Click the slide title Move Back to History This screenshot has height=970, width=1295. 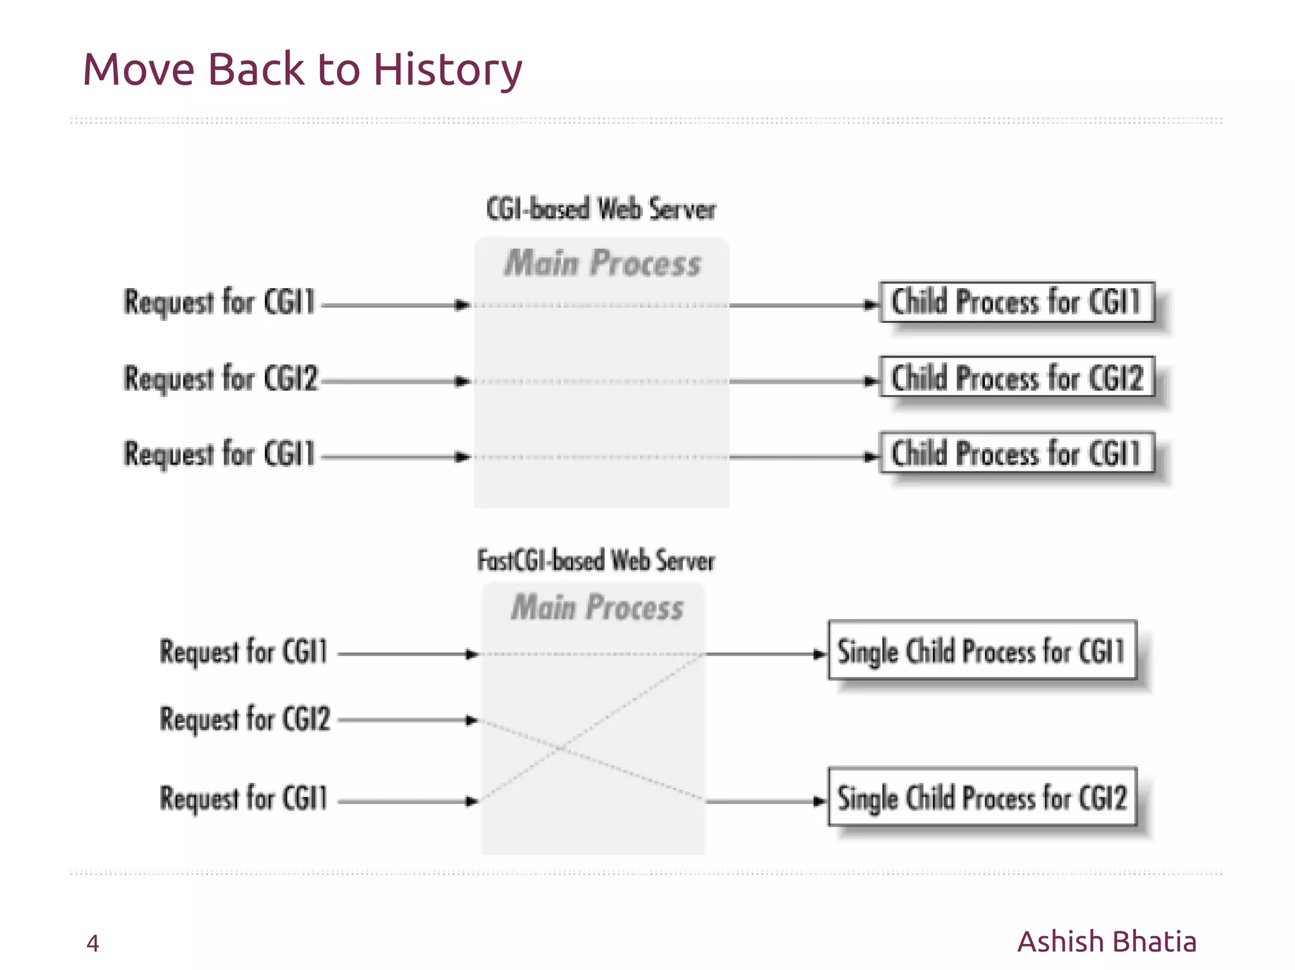tap(302, 69)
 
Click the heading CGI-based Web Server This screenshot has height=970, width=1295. tap(601, 209)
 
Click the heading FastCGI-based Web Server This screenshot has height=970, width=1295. tap(596, 561)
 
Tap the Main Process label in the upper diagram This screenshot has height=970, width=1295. tap(602, 264)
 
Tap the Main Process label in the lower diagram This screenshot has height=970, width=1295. tap(597, 607)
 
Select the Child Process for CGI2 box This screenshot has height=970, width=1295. tap(1017, 377)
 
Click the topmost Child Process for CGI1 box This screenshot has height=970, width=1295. tap(1017, 301)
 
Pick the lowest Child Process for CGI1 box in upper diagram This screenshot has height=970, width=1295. tap(1017, 453)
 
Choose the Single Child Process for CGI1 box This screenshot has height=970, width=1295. tap(982, 650)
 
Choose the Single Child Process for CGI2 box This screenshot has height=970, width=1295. tap(982, 797)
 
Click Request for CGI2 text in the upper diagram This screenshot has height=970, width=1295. tap(220, 379)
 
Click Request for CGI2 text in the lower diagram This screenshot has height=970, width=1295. tap(245, 719)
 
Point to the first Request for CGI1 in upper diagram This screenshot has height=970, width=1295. tap(219, 302)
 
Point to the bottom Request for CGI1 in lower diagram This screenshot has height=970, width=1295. tap(243, 798)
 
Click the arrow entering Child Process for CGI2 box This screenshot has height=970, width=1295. tap(803, 381)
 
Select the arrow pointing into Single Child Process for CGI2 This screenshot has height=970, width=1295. tap(765, 801)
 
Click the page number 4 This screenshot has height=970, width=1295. tap(92, 943)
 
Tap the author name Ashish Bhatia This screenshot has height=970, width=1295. tap(1107, 942)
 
